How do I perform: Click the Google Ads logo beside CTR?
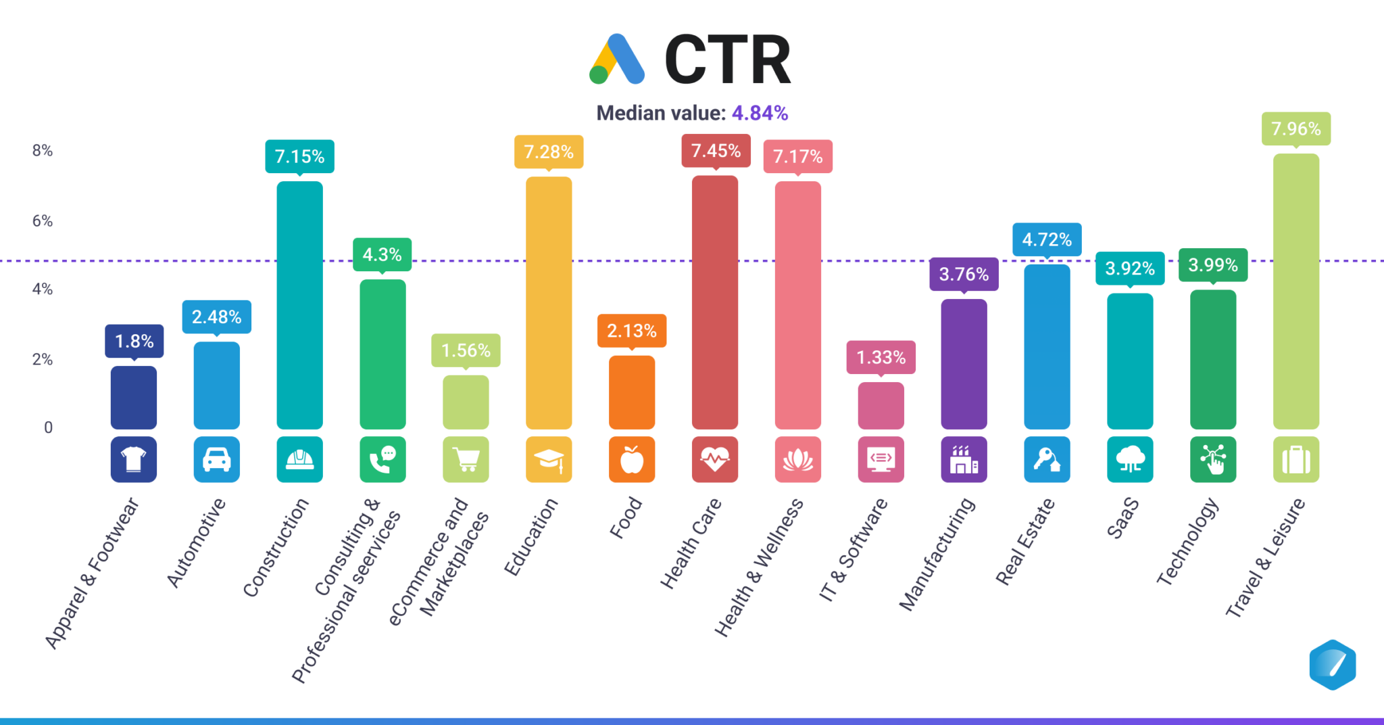point(616,60)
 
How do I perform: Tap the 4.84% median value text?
point(760,113)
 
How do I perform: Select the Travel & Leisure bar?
point(1295,291)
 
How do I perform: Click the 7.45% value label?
point(716,151)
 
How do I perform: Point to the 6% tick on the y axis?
point(42,221)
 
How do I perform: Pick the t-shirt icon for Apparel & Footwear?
point(134,460)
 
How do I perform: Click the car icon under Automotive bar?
point(216,460)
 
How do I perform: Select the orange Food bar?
point(632,392)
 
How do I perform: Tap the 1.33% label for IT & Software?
point(881,357)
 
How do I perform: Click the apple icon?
point(632,460)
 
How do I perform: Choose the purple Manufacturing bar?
point(964,364)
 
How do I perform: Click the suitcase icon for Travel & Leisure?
point(1295,460)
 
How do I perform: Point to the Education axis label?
point(531,537)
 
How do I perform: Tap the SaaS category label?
point(1123,518)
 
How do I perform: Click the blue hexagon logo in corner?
point(1332,665)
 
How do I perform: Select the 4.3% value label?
point(382,255)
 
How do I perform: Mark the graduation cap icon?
point(549,460)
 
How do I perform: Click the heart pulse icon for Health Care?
point(715,460)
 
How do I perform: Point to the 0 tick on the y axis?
point(48,427)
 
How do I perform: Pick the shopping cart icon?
point(466,460)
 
